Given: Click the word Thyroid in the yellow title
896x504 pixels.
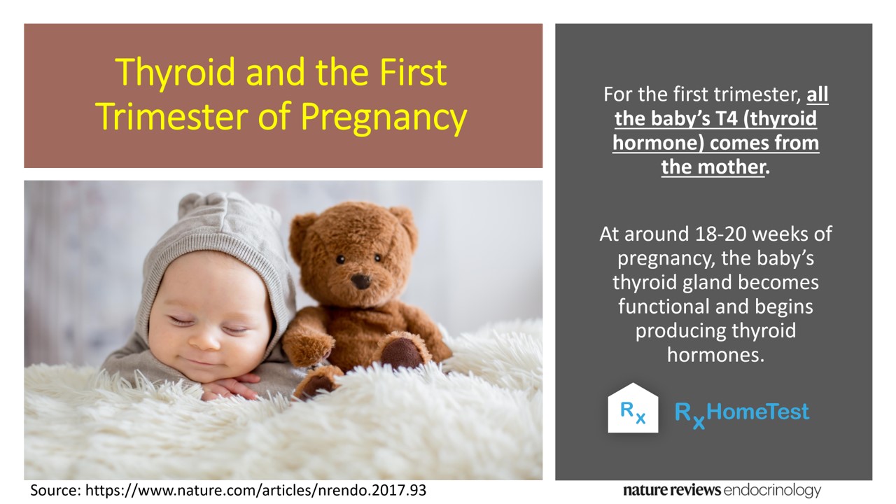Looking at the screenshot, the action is click(x=175, y=72).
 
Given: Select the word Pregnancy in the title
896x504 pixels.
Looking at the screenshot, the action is click(x=384, y=117).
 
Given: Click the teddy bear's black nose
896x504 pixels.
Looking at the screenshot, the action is click(x=360, y=281).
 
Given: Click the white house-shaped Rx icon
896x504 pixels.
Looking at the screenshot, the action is click(x=633, y=408).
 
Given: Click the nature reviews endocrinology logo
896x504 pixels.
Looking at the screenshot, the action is click(x=722, y=491).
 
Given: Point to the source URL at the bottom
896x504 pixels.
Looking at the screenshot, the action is click(x=256, y=491).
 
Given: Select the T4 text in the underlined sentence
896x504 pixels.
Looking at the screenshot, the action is click(x=724, y=119).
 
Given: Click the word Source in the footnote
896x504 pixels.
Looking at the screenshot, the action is click(x=55, y=491).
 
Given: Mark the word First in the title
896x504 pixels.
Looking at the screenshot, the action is click(x=413, y=72).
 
